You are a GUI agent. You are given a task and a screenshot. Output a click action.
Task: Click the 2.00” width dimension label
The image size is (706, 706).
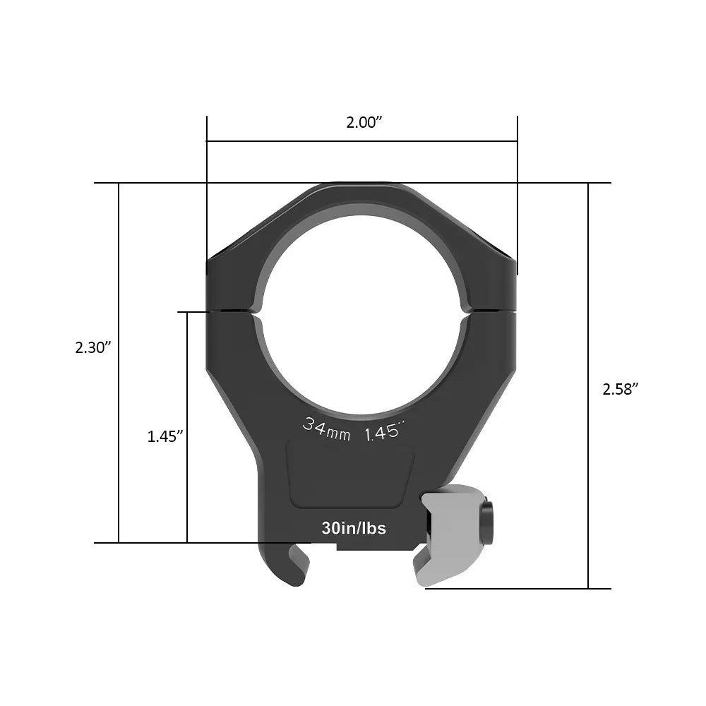pyautogui.click(x=364, y=122)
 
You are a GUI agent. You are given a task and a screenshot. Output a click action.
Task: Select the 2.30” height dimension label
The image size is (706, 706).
pyautogui.click(x=94, y=347)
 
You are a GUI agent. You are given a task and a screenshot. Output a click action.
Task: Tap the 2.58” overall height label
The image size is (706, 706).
pyautogui.click(x=621, y=389)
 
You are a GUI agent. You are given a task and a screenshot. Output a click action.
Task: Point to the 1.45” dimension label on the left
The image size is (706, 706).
pyautogui.click(x=165, y=436)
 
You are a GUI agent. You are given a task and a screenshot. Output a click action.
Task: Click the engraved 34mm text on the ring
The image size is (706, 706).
pyautogui.click(x=326, y=429)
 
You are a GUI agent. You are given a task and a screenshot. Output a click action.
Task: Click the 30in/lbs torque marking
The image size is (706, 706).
pyautogui.click(x=354, y=527)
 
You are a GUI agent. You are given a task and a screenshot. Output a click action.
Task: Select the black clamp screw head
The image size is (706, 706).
pyautogui.click(x=487, y=523)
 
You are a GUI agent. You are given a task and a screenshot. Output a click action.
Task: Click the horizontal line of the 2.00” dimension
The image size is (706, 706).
pyautogui.click(x=361, y=141)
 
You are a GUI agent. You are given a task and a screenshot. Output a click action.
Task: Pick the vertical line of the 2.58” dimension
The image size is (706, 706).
pyautogui.click(x=588, y=318)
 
